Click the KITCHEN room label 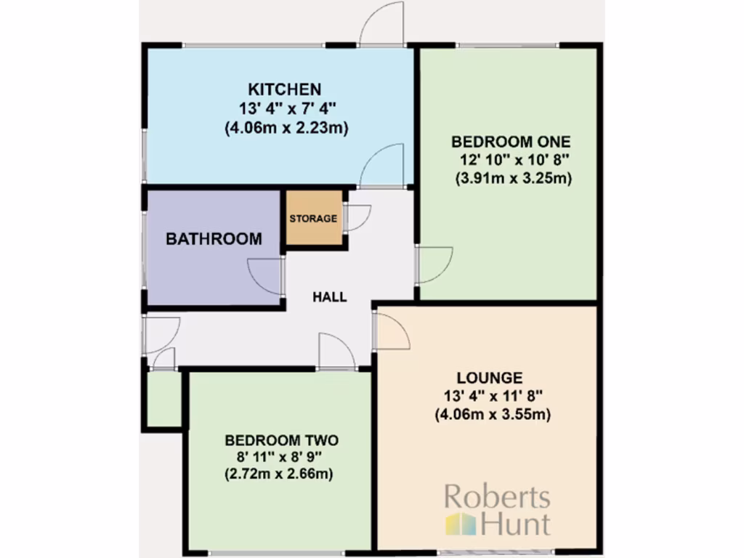tap(285, 89)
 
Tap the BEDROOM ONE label tap(511, 141)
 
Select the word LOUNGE tap(490, 378)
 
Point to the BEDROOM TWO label tap(282, 440)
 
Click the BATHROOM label tap(214, 239)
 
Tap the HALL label tap(330, 297)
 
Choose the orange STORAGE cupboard tap(314, 219)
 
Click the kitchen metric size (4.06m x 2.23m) tap(285, 129)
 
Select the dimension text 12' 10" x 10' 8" tap(511, 160)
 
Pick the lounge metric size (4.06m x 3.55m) tap(490, 416)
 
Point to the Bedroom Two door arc tap(337, 352)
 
